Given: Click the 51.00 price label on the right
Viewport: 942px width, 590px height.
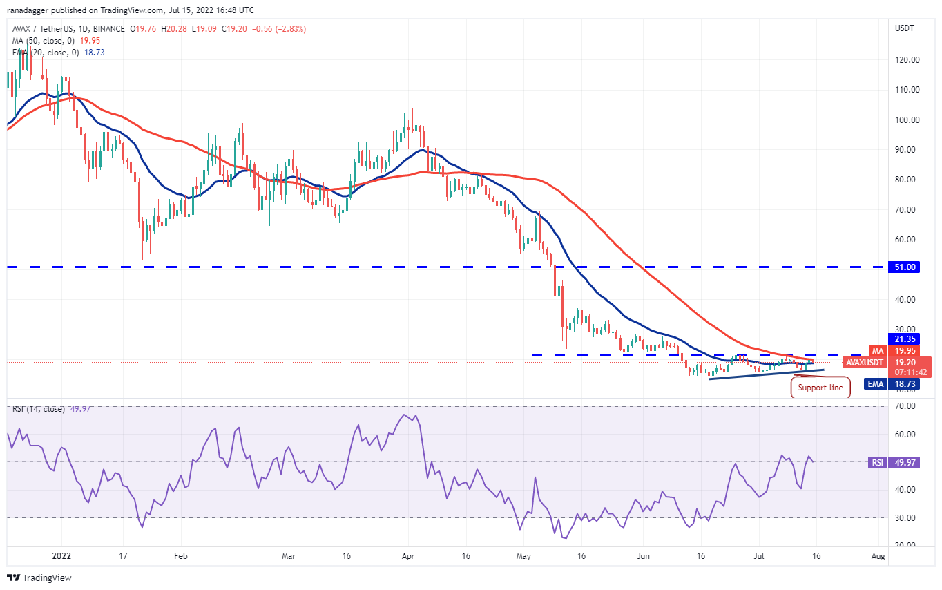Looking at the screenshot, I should point(904,267).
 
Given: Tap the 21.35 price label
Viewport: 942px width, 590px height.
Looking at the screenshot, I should point(904,339).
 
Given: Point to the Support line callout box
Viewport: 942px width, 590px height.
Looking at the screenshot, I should point(820,388).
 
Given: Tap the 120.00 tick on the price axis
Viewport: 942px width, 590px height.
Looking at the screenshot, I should point(905,60).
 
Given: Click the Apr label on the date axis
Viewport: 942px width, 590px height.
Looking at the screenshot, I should point(407,555).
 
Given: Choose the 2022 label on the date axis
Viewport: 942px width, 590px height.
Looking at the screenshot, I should point(61,555).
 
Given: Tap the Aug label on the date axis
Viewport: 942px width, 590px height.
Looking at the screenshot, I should point(878,555).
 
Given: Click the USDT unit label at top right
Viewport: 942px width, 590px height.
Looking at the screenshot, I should point(904,29).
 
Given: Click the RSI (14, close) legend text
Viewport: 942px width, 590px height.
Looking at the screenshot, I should point(38,409).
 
